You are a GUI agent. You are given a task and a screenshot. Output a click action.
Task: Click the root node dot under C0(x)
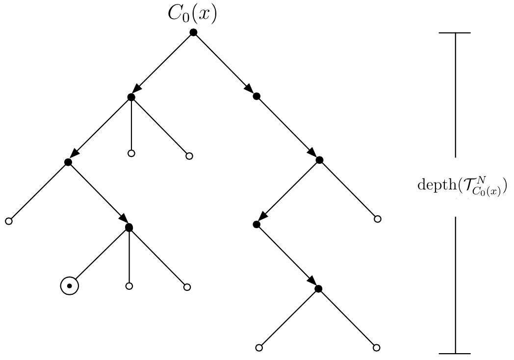coord(193,32)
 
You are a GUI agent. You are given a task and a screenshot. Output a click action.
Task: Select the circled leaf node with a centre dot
coord(70,285)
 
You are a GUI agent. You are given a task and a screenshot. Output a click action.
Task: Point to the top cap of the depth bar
coord(455,33)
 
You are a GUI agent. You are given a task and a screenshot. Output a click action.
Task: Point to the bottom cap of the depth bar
coord(455,353)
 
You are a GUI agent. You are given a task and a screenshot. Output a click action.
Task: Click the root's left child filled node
coord(131,97)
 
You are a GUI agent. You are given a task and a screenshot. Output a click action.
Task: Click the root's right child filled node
coord(256,96)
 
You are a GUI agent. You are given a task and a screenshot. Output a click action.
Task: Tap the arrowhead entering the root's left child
coord(136,91)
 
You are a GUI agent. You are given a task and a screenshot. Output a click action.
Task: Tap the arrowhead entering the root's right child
coord(249,90)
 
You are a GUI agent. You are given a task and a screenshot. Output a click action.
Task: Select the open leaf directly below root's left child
coord(131,154)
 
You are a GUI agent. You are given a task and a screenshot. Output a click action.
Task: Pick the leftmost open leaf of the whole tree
coord(8,221)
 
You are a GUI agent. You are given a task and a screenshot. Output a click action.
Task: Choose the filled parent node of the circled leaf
coord(129,228)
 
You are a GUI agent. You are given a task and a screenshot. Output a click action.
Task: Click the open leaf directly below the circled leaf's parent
coord(129,285)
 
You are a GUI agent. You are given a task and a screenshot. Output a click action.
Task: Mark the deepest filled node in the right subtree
coord(318,289)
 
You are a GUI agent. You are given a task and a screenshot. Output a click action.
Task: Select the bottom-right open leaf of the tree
coord(376,348)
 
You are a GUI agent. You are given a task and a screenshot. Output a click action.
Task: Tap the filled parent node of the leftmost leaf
coord(68,162)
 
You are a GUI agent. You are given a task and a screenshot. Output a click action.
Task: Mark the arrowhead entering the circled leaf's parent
coord(124,221)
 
